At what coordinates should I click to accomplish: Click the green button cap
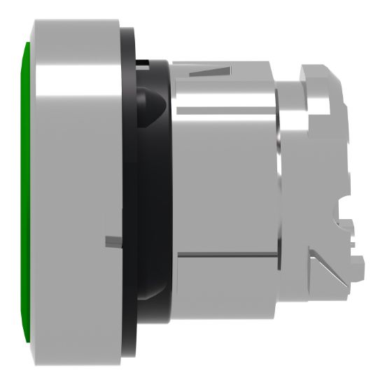click(x=26, y=189)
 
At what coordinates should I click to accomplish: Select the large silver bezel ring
click(x=70, y=189)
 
